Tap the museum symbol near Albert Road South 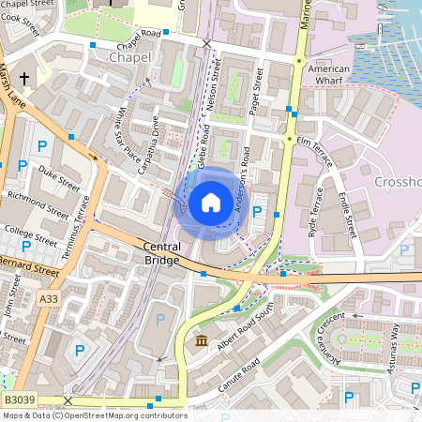click(202, 339)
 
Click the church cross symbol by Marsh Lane click(24, 79)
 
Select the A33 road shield click(48, 298)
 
